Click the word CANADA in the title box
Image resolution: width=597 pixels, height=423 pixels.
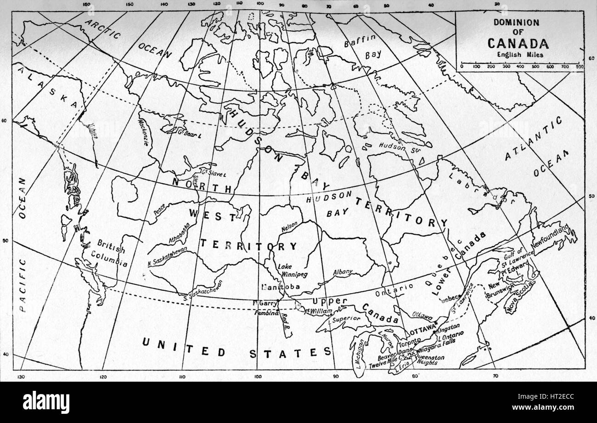(518, 43)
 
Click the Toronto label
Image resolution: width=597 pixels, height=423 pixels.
(409, 343)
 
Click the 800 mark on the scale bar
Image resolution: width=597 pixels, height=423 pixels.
(579, 67)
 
